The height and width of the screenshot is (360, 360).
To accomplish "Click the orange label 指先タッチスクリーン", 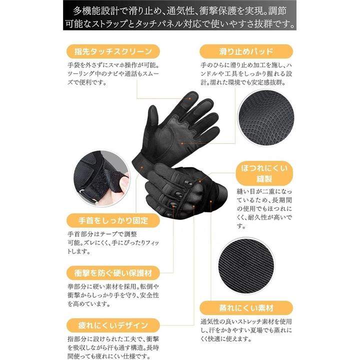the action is point(113,51).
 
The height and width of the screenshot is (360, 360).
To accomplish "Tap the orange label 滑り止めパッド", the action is point(246,51).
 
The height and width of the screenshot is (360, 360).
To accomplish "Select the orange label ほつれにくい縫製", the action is point(264,173).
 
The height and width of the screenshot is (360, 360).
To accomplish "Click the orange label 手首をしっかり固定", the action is point(113,220).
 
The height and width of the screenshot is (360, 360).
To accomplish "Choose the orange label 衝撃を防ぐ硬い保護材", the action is point(113,273).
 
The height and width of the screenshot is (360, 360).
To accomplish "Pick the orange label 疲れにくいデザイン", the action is point(113,325).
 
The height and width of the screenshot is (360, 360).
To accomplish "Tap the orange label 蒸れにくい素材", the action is point(246,308).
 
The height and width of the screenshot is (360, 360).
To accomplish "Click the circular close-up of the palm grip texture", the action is point(266,117).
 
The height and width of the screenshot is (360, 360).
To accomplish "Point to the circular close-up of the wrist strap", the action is point(101,178).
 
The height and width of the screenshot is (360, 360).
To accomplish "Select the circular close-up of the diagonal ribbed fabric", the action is point(246,266).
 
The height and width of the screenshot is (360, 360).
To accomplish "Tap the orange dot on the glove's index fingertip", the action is point(190,98).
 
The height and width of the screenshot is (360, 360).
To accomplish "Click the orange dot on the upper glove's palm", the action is point(182,143).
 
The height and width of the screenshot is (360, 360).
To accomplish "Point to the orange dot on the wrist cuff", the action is point(142,167).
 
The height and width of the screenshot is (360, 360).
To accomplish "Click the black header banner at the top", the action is point(180,15).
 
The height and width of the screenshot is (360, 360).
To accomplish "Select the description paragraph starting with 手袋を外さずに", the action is point(113,73).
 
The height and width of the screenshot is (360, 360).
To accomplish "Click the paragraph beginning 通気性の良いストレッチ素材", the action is point(246,330).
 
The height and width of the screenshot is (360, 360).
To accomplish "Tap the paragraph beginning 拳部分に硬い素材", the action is point(113,295).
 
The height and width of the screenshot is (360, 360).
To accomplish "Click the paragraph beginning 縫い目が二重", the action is point(264,208).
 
